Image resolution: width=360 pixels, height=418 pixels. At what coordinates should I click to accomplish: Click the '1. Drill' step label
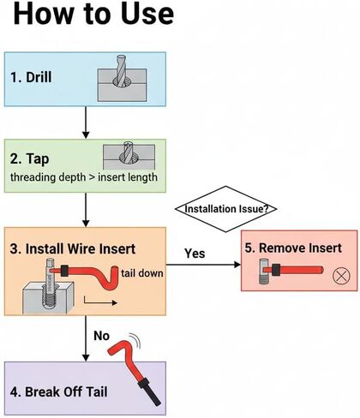point(31,77)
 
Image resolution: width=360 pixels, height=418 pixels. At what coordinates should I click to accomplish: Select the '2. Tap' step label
point(29,158)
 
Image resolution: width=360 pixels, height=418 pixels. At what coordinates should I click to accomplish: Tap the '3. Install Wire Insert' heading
point(73,248)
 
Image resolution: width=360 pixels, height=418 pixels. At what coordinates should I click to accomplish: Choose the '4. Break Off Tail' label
point(59,391)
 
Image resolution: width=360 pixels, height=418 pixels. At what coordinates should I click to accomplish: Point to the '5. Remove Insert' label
point(293,248)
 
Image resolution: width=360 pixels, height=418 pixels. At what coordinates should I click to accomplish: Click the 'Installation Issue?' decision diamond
point(226,209)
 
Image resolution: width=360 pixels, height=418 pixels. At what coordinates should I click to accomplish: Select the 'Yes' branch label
point(195,254)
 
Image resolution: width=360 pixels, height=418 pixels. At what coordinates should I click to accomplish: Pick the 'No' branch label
point(101,336)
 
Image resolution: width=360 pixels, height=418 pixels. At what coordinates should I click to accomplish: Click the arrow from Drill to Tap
point(86,122)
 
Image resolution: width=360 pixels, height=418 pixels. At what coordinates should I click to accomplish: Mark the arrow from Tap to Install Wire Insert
point(86,210)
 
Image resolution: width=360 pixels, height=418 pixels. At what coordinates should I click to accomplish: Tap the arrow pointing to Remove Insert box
point(203,265)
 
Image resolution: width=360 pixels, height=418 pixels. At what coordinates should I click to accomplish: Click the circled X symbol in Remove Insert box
point(341,276)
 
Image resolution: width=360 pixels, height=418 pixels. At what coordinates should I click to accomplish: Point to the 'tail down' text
point(142,273)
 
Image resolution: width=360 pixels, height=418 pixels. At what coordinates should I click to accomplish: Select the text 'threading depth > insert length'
point(84,177)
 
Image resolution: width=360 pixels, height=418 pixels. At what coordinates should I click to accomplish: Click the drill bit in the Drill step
point(122,71)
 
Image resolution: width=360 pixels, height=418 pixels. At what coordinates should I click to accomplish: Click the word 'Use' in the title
point(147,14)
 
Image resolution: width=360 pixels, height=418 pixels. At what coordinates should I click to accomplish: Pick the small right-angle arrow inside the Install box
point(100,302)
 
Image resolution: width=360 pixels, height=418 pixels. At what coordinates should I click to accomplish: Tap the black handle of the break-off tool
point(149,391)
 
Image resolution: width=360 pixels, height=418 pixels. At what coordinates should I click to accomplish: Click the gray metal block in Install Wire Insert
point(48,297)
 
